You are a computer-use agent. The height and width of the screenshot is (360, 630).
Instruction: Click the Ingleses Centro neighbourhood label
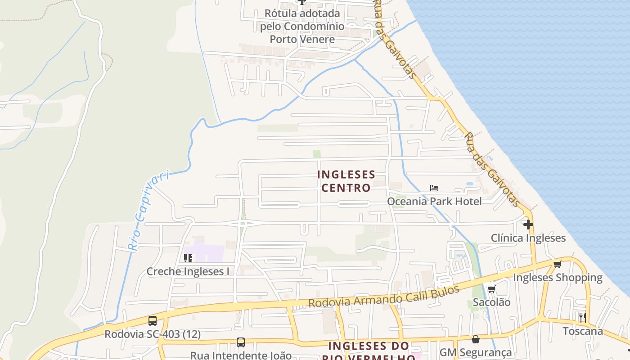click(346, 181)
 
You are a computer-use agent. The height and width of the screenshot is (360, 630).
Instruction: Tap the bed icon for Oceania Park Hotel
click(434, 188)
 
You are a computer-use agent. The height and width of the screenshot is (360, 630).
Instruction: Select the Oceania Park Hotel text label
click(434, 201)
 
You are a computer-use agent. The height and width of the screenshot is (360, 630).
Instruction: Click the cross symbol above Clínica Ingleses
click(528, 224)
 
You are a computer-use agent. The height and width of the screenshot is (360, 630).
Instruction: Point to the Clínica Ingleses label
click(528, 238)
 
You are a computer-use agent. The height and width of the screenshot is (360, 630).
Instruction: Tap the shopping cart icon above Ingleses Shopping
click(558, 265)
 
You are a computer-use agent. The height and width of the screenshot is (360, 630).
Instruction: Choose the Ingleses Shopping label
click(558, 278)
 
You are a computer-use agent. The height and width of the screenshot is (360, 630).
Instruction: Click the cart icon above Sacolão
click(491, 289)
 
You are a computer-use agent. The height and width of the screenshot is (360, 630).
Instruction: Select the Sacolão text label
click(491, 302)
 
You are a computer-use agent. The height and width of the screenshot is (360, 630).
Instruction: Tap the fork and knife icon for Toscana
click(583, 317)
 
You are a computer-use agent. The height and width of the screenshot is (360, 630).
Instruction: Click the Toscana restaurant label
click(583, 331)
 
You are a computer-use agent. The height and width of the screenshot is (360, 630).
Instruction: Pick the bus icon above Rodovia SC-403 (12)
click(153, 321)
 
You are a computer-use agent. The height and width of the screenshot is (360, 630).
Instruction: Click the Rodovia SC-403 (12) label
click(153, 334)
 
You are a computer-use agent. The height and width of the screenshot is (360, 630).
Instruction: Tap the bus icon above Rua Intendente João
click(241, 342)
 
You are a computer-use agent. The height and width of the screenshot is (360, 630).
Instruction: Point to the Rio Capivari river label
click(148, 209)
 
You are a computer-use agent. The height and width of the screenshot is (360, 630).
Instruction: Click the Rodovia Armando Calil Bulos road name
click(383, 297)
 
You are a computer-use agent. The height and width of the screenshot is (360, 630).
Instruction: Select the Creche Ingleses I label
click(188, 271)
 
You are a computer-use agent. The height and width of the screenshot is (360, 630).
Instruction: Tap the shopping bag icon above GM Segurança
click(476, 339)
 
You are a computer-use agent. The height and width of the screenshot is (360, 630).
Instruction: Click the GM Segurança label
click(476, 352)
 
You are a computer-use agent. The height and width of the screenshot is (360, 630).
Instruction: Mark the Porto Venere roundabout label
click(302, 26)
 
